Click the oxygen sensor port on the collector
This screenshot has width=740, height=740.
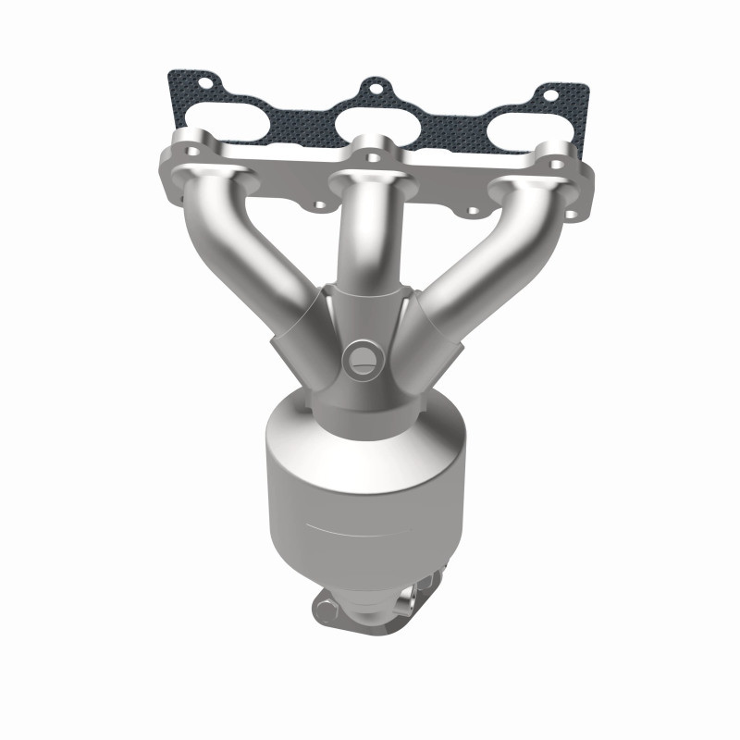360,355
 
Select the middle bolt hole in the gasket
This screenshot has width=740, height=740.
375,89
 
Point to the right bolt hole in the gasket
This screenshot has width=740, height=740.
550,94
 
